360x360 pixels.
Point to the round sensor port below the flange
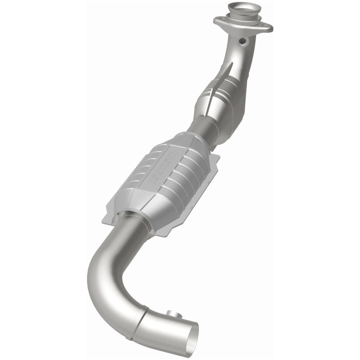tap(243, 42)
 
